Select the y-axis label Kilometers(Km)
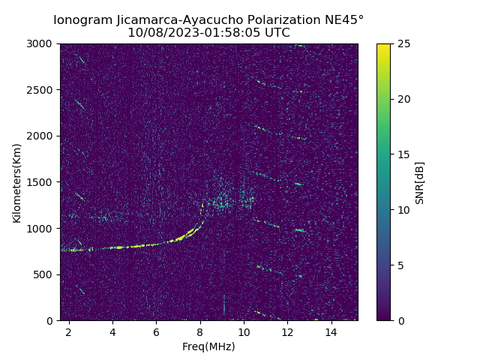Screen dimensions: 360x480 tap(16, 182)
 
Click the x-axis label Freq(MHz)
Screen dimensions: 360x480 tap(208, 346)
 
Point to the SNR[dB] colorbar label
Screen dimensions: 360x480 tap(420, 182)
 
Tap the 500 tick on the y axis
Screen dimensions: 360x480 tap(45, 274)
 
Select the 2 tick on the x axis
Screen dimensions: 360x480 tap(69, 331)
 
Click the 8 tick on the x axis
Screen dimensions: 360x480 tap(200, 331)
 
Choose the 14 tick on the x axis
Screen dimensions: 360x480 tap(331, 331)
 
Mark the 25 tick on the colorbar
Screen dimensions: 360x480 tap(402, 43)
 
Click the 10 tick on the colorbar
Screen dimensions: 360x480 tap(402, 210)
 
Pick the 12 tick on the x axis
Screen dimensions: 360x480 tap(287, 331)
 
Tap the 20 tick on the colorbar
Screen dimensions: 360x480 tap(402, 99)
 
